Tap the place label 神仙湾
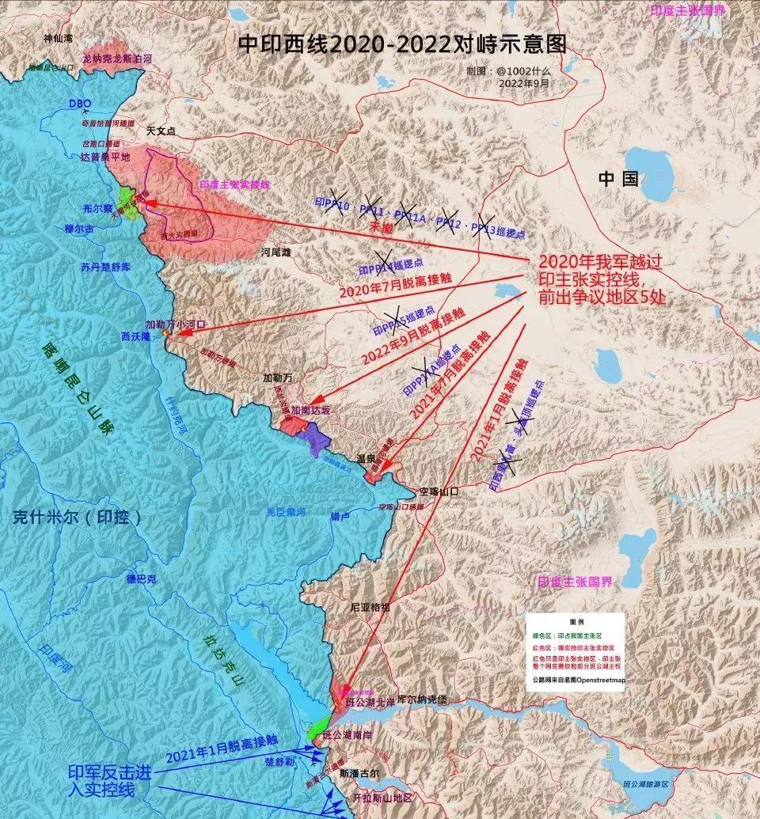[59, 38]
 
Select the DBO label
[80, 104]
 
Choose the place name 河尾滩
[276, 252]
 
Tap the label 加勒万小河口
[176, 324]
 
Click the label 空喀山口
[439, 491]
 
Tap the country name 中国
[617, 178]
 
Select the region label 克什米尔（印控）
[78, 518]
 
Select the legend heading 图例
[576, 622]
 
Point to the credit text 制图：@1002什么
[520, 70]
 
